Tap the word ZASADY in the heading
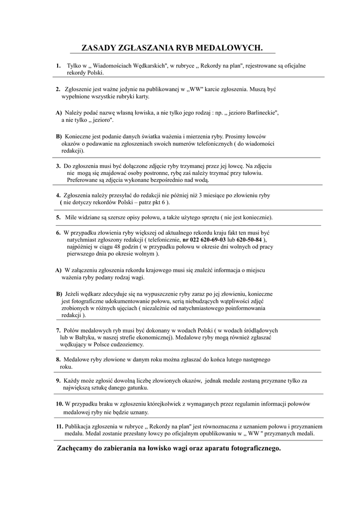(x=100, y=48)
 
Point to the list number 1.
(x=58, y=66)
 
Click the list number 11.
(x=59, y=426)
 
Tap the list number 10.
(x=59, y=404)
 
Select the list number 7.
(x=58, y=330)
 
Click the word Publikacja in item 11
(x=80, y=426)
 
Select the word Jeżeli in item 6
(x=73, y=294)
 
